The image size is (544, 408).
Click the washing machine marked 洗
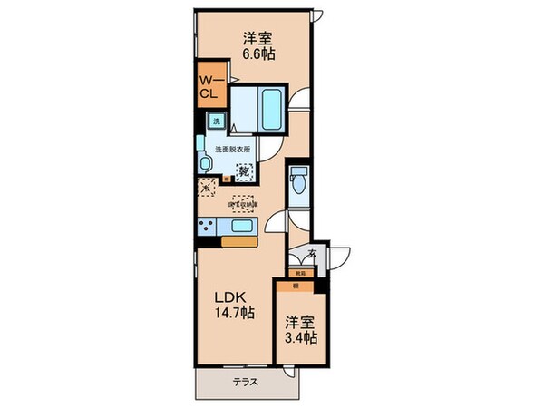pyautogui.click(x=216, y=121)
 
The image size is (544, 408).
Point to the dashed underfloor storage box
pyautogui.click(x=243, y=206)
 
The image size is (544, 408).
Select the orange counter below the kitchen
pyautogui.click(x=238, y=242)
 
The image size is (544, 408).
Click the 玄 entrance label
pyautogui.click(x=311, y=256)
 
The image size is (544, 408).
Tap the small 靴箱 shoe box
pyautogui.click(x=299, y=272)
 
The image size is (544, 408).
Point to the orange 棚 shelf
pyautogui.click(x=298, y=283)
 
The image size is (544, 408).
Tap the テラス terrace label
pyautogui.click(x=247, y=382)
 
